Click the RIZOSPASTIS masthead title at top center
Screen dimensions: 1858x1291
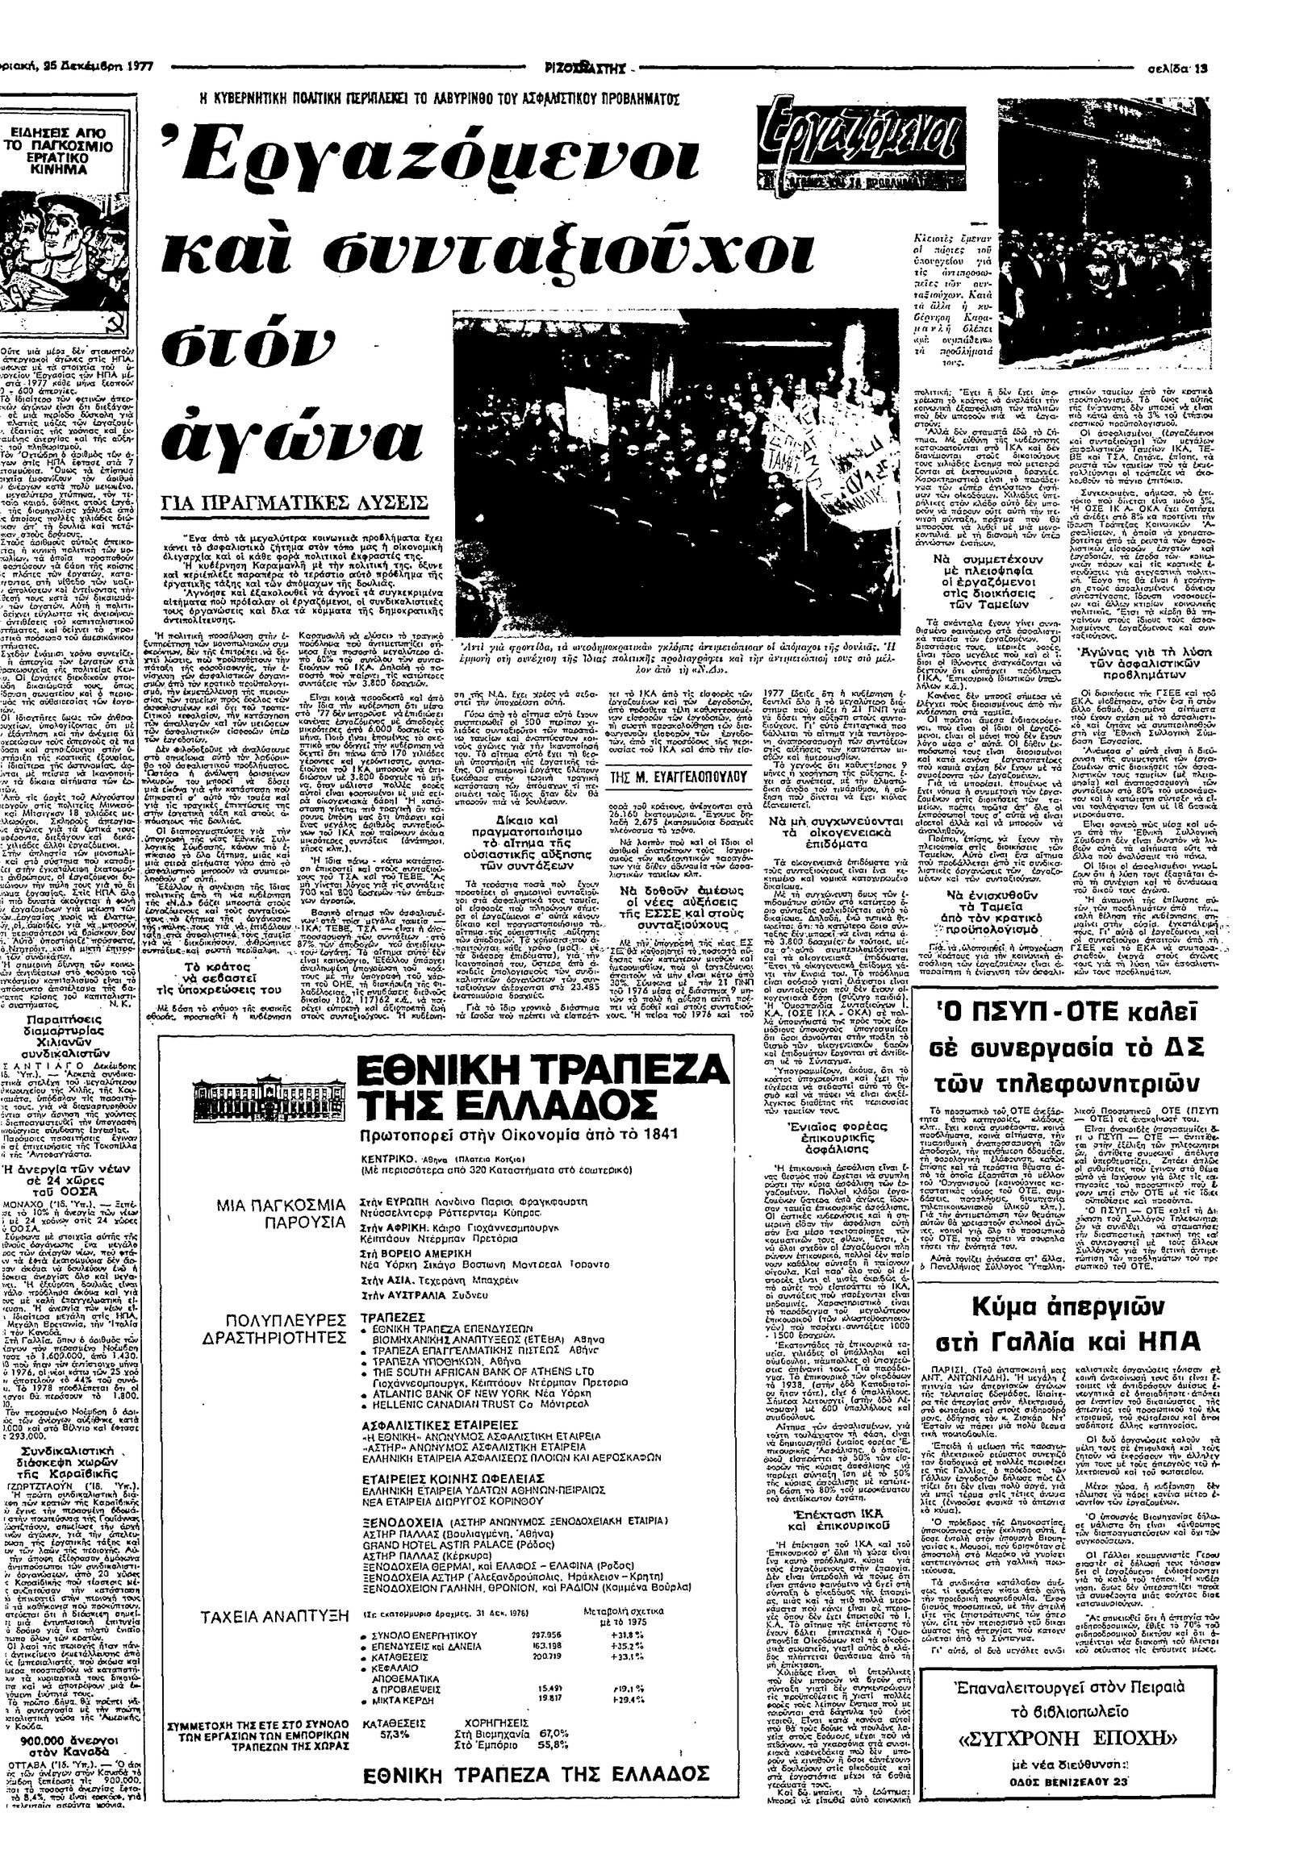[x=590, y=69]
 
